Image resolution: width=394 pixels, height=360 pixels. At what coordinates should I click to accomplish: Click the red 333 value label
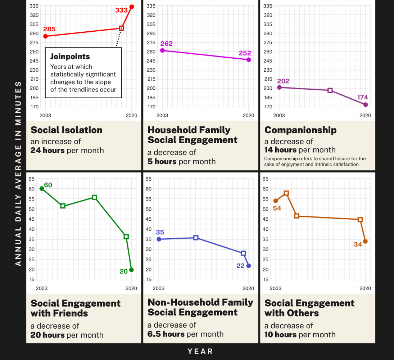point(121,10)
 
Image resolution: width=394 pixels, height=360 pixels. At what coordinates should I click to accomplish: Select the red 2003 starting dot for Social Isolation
point(45,36)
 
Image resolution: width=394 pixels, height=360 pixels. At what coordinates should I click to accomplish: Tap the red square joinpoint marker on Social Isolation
point(121,28)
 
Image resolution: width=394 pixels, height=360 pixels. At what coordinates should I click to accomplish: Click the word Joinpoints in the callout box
point(70,57)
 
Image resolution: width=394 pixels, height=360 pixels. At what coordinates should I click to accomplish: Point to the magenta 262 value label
point(166,44)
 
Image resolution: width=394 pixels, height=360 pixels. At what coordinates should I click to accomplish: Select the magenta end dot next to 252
point(249,60)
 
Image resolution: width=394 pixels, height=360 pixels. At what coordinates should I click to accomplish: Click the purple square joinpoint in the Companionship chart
point(330,90)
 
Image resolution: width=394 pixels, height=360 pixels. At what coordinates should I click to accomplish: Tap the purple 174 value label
point(363,97)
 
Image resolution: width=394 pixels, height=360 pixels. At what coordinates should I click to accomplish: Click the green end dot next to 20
point(131,270)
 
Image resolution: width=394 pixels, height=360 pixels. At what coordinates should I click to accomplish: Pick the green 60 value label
point(48,185)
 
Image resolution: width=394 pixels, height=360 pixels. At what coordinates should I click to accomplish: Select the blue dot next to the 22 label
point(249,266)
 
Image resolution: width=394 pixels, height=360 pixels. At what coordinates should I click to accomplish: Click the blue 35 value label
point(160,232)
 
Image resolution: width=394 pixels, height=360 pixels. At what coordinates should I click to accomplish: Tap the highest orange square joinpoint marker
point(286,193)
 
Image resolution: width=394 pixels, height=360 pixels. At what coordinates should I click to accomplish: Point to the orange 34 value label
point(358,244)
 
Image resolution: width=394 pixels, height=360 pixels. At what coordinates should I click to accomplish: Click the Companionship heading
point(300,130)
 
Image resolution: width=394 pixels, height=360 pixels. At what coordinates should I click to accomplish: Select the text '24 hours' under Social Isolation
point(47,150)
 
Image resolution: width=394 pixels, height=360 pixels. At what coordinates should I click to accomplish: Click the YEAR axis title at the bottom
point(200,351)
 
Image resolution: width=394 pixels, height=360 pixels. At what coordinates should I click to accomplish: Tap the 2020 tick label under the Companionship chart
point(365,116)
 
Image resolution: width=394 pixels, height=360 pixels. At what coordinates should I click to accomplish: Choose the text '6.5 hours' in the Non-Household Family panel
point(166,334)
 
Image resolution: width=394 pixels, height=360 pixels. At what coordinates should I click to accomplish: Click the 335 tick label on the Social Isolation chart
point(34,6)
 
